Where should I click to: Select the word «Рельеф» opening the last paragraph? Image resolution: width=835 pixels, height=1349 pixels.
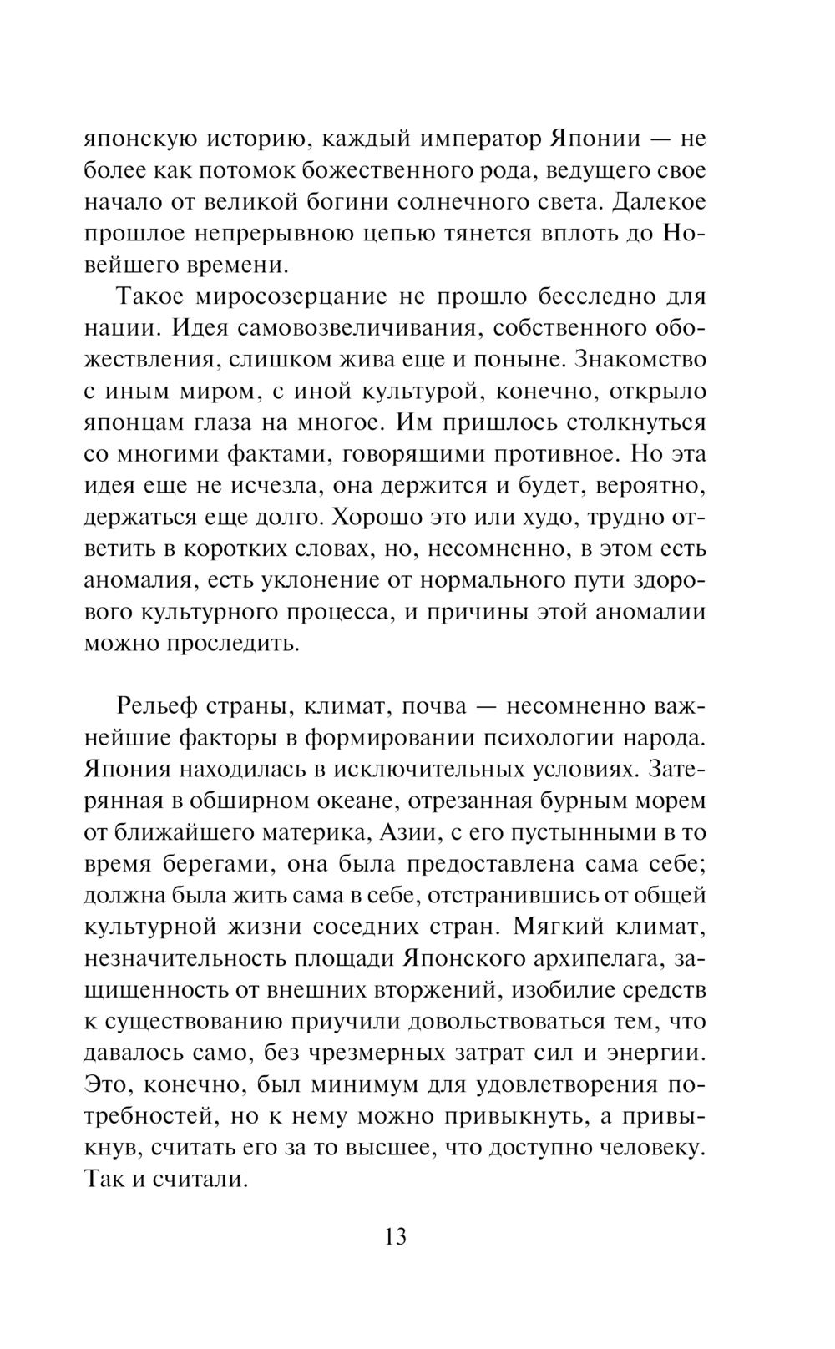click(161, 706)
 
